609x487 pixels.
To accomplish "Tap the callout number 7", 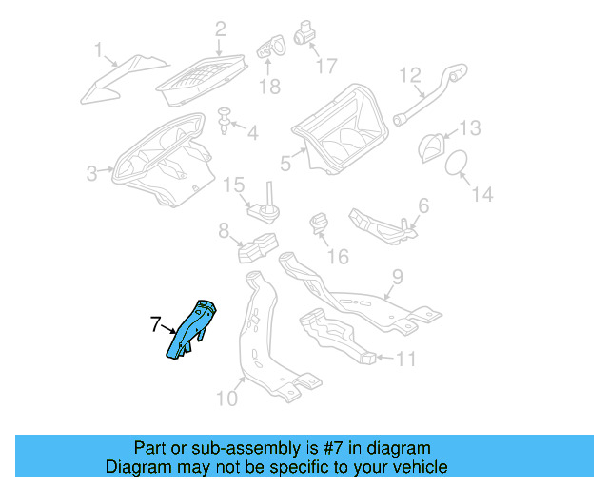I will point(156,324).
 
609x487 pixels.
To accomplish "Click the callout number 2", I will point(220,29).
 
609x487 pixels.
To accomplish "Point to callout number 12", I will point(410,74).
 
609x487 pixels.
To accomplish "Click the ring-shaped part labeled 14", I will point(458,163).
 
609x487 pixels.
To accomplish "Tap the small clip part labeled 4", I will point(225,121).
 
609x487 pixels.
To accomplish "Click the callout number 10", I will point(226,397).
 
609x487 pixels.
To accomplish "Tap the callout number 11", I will point(406,359).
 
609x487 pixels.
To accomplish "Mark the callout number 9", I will point(398,280).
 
